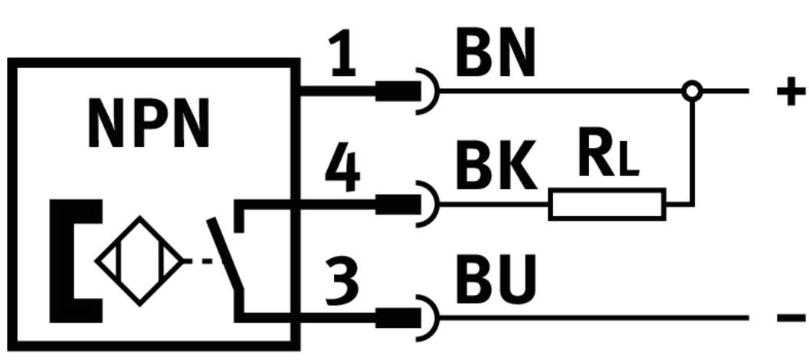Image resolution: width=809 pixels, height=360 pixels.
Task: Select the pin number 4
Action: coord(342,169)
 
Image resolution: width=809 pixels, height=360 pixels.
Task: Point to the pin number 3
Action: coord(342,280)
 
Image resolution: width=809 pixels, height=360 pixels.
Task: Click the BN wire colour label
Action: coord(495,54)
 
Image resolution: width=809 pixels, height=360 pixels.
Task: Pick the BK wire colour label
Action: coord(495,169)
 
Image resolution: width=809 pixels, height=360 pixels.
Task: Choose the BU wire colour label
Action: coord(495,280)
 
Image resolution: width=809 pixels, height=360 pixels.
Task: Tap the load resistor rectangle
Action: coord(607,205)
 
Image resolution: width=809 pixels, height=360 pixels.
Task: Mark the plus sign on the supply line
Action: coord(791,92)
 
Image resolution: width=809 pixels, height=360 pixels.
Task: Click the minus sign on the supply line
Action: coord(791,317)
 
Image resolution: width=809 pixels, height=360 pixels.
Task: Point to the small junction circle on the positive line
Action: coord(692,91)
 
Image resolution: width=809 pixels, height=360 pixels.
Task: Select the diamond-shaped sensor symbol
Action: coord(139,261)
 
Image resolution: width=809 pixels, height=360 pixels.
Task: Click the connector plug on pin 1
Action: coord(398,91)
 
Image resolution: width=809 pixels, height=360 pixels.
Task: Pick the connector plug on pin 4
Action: coord(398,205)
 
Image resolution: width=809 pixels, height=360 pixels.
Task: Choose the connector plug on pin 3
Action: coord(398,317)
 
